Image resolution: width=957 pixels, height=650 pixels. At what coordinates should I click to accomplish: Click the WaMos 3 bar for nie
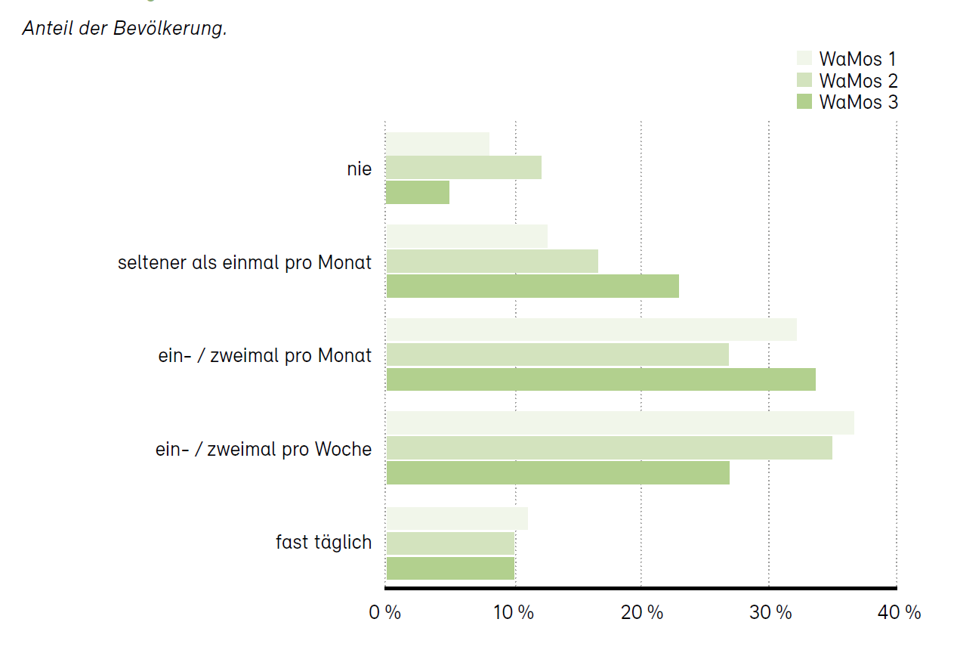418,193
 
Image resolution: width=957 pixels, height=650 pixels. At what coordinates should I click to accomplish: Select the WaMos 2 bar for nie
464,168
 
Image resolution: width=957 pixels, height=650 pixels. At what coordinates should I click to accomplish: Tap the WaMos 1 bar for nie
437,144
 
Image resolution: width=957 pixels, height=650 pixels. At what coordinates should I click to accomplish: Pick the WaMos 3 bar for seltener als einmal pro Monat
533,286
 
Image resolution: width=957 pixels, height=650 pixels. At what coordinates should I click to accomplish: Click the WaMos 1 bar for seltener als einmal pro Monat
467,237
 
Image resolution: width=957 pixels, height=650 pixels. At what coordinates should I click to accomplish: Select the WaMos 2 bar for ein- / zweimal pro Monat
557,354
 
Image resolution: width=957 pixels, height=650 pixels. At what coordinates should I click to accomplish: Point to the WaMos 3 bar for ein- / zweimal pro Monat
600,379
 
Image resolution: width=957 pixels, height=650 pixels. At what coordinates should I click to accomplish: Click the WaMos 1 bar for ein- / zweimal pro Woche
620,423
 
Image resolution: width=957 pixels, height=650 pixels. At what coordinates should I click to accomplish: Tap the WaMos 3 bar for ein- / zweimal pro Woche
557,473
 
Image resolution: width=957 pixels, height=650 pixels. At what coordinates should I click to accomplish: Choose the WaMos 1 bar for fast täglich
457,518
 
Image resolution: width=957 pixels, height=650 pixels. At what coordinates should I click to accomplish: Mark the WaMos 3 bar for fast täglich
450,568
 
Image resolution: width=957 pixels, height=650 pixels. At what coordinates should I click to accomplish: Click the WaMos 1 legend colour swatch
804,59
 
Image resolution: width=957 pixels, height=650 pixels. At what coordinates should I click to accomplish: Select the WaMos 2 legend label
858,80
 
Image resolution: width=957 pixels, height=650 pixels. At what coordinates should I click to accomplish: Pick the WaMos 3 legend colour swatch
804,101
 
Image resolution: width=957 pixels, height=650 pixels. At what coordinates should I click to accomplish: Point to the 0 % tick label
384,613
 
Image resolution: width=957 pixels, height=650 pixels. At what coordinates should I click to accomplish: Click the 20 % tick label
641,613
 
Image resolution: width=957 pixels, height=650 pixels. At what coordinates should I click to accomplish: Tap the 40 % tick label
899,613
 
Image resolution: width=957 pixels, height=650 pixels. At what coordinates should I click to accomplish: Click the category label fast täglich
323,543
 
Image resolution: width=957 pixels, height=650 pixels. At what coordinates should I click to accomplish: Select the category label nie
360,169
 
